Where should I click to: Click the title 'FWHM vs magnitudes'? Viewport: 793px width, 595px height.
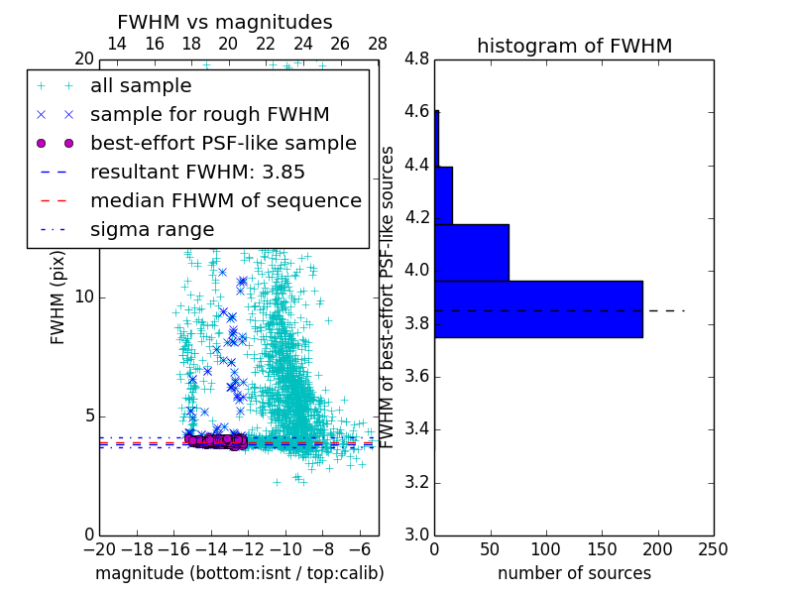tap(225, 22)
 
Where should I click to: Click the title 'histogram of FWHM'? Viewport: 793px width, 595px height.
tap(574, 46)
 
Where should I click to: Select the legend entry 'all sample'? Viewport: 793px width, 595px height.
tap(141, 86)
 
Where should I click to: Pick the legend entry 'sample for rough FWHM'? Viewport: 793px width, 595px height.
tap(209, 115)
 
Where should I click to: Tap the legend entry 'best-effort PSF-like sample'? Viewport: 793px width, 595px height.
tap(223, 144)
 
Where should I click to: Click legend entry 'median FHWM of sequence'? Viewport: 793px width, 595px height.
tap(225, 201)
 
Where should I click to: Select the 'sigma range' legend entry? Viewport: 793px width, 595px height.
tap(152, 230)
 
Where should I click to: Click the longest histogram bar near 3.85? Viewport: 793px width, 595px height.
tap(538, 309)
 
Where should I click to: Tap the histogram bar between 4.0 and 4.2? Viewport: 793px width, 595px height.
tap(472, 253)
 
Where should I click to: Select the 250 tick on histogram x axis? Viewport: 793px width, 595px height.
tap(714, 548)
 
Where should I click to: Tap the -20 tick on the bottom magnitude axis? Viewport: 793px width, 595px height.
tap(98, 548)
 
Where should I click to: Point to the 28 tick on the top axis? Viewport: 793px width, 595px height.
tap(378, 44)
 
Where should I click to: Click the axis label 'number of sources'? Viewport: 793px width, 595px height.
tap(574, 573)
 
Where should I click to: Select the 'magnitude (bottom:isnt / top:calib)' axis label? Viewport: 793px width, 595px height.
tap(239, 573)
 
